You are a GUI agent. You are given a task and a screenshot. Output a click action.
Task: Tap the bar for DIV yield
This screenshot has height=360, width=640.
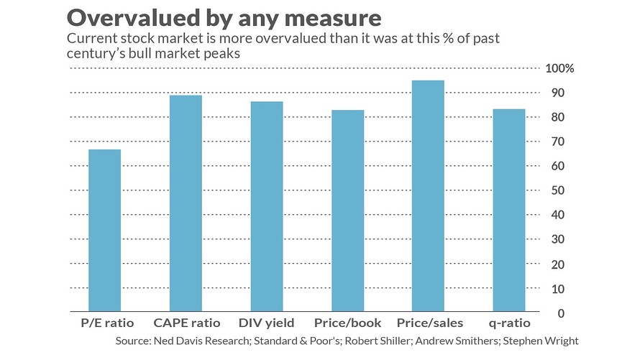tap(266, 206)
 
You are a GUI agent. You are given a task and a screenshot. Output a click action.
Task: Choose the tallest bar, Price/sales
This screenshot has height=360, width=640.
tap(428, 195)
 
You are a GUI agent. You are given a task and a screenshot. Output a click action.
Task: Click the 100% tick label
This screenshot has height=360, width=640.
tap(560, 69)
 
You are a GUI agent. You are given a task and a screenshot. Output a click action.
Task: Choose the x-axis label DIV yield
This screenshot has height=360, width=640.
tap(266, 323)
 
